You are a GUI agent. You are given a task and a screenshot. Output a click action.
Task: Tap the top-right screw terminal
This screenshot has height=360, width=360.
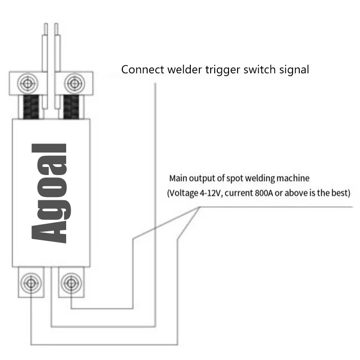pos(73,83)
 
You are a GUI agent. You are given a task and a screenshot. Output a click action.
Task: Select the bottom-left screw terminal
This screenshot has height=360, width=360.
pos(31,282)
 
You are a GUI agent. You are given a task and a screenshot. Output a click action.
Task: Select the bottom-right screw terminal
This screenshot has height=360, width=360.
pos(70,282)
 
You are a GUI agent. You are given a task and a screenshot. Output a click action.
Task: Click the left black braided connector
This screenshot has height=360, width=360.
pos(31,107)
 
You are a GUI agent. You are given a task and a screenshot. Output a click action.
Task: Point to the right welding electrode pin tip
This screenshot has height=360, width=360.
pos(57,27)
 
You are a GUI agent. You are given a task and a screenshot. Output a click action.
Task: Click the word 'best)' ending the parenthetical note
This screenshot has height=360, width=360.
pos(341,194)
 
